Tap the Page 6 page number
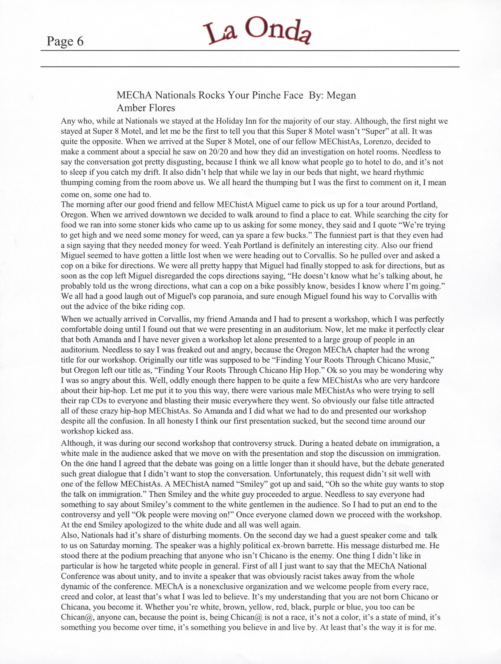(x=65, y=41)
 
